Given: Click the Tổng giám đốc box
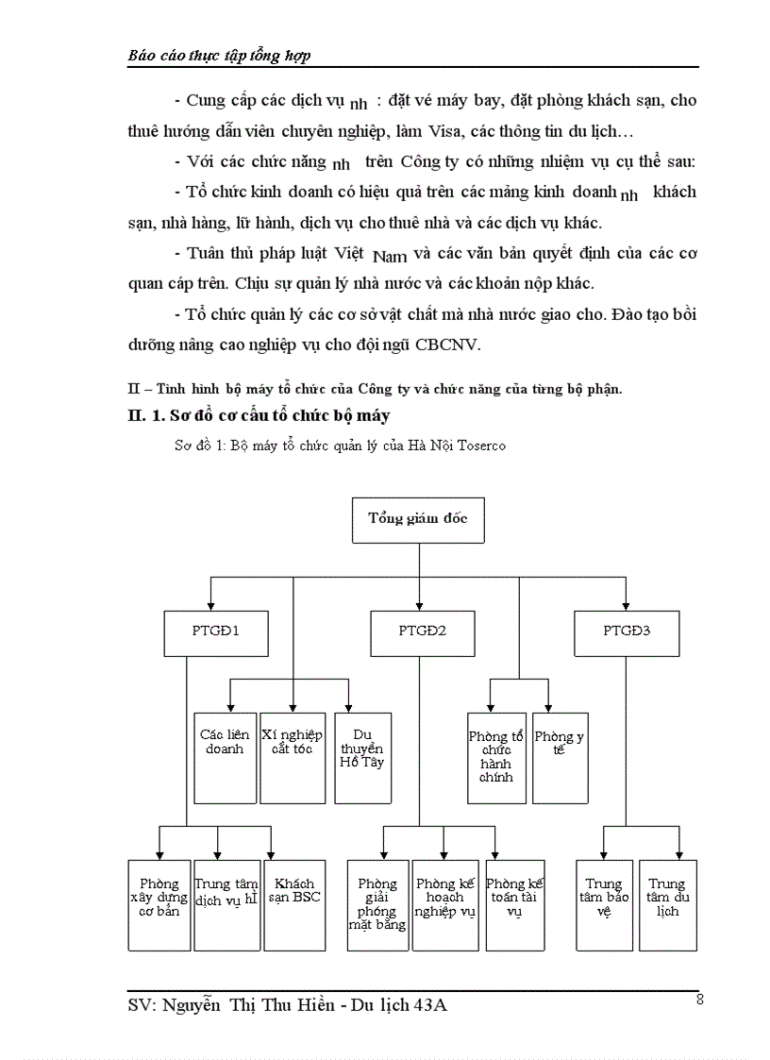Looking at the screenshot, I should [419, 520].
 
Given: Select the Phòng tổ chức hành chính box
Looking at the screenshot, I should [496, 758].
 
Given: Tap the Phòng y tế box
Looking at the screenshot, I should [560, 758].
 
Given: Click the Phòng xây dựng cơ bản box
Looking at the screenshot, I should [159, 905].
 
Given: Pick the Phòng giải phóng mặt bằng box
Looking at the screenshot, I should [377, 905].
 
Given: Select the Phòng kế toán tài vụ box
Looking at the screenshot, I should [514, 905].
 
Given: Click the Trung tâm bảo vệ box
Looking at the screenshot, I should [604, 905].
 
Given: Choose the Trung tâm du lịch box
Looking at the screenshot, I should [668, 905].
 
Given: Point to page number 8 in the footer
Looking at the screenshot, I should [699, 1000].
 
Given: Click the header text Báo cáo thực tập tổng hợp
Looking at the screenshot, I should [219, 56].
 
